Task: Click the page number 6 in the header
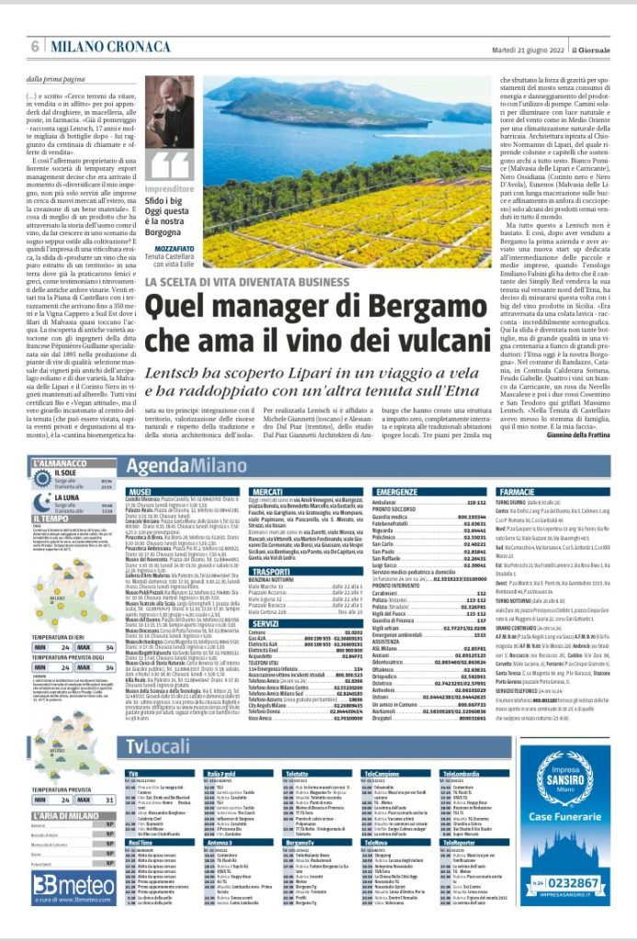click(x=35, y=45)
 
